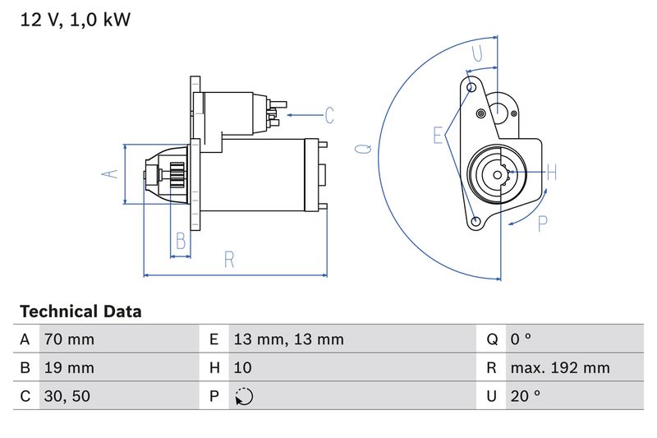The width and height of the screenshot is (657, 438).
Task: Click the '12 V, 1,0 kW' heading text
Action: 75,20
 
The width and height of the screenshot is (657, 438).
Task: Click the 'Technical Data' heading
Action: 80,311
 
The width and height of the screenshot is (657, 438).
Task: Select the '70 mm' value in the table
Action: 68,339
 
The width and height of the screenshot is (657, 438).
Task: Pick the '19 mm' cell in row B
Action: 68,367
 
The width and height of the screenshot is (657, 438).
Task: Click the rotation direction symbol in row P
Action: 244,396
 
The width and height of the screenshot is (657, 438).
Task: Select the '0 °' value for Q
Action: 521,339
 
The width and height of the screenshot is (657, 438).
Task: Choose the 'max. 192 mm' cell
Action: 559,367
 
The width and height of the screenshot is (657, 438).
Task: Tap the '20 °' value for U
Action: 525,396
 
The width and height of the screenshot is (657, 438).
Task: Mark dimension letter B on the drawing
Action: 181,242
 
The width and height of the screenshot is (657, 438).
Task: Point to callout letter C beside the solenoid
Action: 329,115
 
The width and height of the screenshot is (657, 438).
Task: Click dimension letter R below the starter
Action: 230,260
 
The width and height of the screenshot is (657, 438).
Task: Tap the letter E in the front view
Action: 439,135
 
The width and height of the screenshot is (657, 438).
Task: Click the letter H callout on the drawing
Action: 552,173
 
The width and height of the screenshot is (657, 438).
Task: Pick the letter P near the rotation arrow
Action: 542,224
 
